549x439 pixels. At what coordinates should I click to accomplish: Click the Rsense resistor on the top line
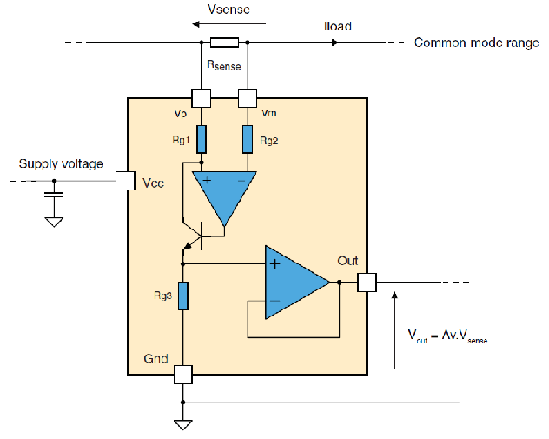point(224,43)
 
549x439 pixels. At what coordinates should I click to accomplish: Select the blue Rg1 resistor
point(202,139)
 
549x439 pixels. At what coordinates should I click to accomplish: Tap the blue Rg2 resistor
point(248,139)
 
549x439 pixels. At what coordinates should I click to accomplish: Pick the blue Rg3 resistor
point(183,296)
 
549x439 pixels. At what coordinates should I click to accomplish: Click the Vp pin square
point(202,97)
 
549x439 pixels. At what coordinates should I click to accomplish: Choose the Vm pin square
point(248,97)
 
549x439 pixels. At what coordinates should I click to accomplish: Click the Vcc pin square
point(125,181)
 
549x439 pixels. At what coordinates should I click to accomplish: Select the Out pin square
point(367,283)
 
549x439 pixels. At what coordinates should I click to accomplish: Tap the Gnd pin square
point(183,375)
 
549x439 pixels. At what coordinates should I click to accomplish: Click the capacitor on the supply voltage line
point(54,195)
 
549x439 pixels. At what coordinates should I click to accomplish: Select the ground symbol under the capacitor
point(54,223)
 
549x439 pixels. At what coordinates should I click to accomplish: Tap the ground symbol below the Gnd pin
point(182,425)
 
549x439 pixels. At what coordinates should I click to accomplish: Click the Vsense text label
point(228,9)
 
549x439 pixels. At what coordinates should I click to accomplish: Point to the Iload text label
point(338,26)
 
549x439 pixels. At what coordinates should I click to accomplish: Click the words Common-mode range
point(477,43)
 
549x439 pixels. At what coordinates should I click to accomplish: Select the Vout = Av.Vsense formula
point(448,336)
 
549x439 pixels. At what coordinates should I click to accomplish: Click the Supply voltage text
point(61,163)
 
